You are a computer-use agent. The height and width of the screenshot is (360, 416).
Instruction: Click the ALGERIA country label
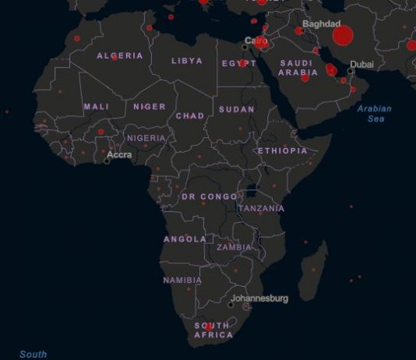tap(119, 55)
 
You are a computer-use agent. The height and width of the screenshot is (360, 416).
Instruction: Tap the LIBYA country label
tap(187, 60)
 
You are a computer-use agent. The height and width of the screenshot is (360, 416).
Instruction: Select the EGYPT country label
tap(238, 63)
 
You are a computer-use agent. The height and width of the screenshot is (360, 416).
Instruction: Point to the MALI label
tap(97, 106)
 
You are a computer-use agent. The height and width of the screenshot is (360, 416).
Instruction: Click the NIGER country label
tap(150, 106)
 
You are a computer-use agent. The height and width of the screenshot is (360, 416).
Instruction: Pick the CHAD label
tap(190, 115)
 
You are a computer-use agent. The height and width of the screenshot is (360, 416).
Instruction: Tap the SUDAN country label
tap(236, 110)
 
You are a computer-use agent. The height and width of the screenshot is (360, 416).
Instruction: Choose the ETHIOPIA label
tap(283, 150)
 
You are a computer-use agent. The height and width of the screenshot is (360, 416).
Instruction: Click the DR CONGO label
tap(209, 196)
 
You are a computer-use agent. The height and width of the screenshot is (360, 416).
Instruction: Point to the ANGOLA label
tap(185, 239)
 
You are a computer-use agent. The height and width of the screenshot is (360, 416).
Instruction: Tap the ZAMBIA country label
tap(234, 247)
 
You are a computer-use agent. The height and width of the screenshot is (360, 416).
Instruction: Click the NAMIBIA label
tap(182, 280)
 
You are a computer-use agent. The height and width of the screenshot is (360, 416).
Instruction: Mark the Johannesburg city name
tap(259, 298)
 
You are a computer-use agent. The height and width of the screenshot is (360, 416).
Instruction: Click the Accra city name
tap(119, 155)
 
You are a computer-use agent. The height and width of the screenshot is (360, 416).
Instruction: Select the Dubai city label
tap(362, 64)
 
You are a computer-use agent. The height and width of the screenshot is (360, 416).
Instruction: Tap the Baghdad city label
tap(322, 24)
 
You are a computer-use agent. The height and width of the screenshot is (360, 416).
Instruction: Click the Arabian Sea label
tap(375, 114)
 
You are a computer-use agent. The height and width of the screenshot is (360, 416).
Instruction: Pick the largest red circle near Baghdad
tap(343, 36)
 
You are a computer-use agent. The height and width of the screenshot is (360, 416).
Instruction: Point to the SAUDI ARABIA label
tap(298, 68)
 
